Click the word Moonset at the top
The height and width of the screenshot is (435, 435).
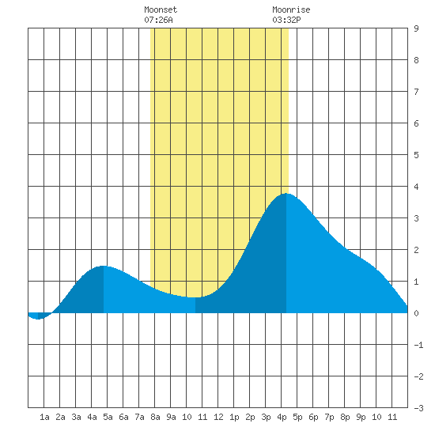point(161,9)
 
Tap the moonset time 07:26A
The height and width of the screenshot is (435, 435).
point(158,20)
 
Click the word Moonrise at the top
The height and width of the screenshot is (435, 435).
point(291,9)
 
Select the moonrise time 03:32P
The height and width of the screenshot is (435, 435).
point(286,20)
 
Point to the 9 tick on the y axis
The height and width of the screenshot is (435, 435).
point(416,28)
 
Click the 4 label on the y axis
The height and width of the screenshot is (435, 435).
point(416,187)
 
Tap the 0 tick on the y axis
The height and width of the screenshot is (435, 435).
point(416,313)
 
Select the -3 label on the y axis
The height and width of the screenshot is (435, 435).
point(418,408)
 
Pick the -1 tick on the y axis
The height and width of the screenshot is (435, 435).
point(418,345)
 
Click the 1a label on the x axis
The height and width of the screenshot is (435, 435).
point(44,417)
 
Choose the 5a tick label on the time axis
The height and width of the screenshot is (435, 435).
point(108,417)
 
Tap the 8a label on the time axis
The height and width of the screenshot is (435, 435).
point(155,417)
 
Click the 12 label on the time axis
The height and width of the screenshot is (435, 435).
point(218,417)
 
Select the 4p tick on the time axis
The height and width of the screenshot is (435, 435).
point(282,417)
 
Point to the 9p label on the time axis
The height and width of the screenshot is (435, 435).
point(361,417)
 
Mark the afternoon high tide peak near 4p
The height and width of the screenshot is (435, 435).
point(286,194)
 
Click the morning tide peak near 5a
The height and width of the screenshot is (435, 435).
point(103,266)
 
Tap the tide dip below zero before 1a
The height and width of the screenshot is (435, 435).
point(38,319)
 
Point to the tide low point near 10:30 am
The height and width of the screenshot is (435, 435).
point(195,297)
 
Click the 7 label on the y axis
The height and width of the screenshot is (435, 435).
point(416,92)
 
